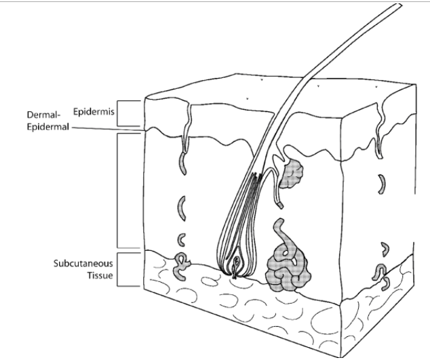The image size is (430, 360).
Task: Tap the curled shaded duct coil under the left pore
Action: click(x=182, y=264)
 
